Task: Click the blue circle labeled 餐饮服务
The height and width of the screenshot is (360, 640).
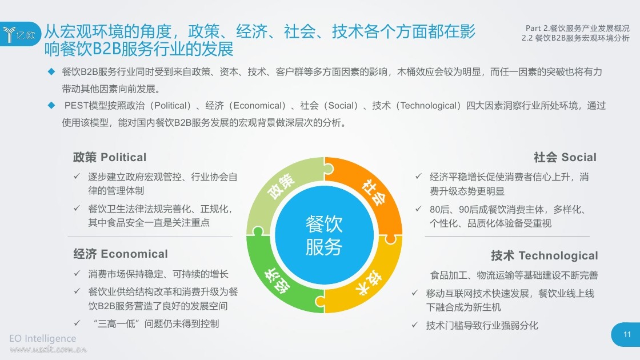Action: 324,235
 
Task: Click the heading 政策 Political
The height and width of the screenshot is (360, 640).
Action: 109,157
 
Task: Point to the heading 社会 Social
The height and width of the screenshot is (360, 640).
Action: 565,157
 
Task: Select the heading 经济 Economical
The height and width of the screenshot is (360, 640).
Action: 121,254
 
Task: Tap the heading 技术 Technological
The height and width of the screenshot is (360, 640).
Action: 544,255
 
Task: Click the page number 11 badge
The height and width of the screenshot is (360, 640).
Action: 627,335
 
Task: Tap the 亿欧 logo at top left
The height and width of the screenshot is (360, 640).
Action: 20,34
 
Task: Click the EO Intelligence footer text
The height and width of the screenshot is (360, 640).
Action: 42,338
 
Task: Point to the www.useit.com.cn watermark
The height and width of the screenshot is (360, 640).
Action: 48,349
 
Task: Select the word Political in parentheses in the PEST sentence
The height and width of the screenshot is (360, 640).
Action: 172,106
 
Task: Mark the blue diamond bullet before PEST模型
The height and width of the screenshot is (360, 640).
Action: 51,105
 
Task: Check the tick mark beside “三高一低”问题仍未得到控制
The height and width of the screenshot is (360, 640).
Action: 77,323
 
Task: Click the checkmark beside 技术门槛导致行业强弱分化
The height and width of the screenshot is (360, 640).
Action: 415,325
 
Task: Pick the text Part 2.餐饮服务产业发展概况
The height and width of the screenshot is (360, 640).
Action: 578,28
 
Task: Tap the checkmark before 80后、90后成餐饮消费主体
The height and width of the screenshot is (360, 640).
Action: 418,209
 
